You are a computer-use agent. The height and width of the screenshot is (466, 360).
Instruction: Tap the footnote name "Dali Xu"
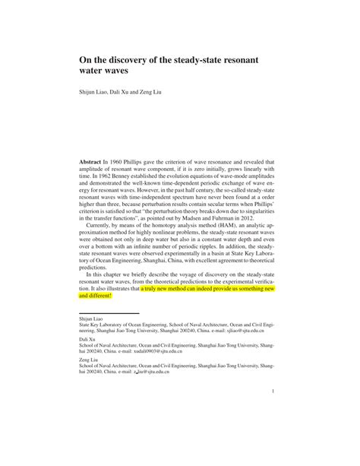(87, 340)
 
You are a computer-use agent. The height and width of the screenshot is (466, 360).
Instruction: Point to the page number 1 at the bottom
(273, 392)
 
